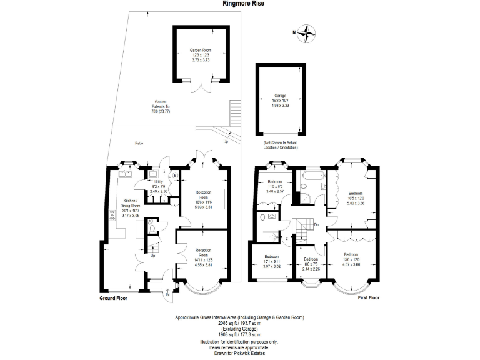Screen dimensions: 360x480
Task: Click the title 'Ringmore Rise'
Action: click(240, 3)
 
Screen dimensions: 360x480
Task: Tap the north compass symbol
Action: click(306, 32)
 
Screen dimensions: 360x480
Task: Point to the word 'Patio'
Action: click(139, 143)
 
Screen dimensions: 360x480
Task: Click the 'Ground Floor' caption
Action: click(116, 299)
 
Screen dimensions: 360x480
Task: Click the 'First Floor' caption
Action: click(368, 298)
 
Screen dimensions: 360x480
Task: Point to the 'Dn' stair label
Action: click(317, 225)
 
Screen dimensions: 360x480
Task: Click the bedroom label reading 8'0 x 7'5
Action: click(311, 262)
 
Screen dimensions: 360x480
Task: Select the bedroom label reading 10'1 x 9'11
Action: click(271, 261)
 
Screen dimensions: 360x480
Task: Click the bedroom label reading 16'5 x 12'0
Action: click(356, 198)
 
